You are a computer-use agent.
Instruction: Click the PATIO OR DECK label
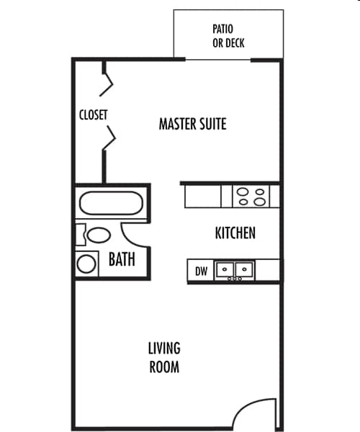point(228,36)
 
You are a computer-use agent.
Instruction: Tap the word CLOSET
point(93,114)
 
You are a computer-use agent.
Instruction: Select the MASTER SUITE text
point(192,124)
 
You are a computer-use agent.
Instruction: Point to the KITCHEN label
point(235,233)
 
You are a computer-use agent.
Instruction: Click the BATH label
point(122,259)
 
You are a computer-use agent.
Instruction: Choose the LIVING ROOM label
point(164,358)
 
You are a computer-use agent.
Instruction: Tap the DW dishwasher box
point(201,271)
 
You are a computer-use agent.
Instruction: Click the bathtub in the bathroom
point(111,202)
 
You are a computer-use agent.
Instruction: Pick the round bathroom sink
point(87,264)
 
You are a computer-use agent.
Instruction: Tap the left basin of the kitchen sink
point(227,270)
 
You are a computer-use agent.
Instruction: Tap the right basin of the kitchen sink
point(244,270)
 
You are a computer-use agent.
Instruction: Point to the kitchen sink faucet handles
point(235,279)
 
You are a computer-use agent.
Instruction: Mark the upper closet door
point(109,81)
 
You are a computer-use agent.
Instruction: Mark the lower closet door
point(109,139)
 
